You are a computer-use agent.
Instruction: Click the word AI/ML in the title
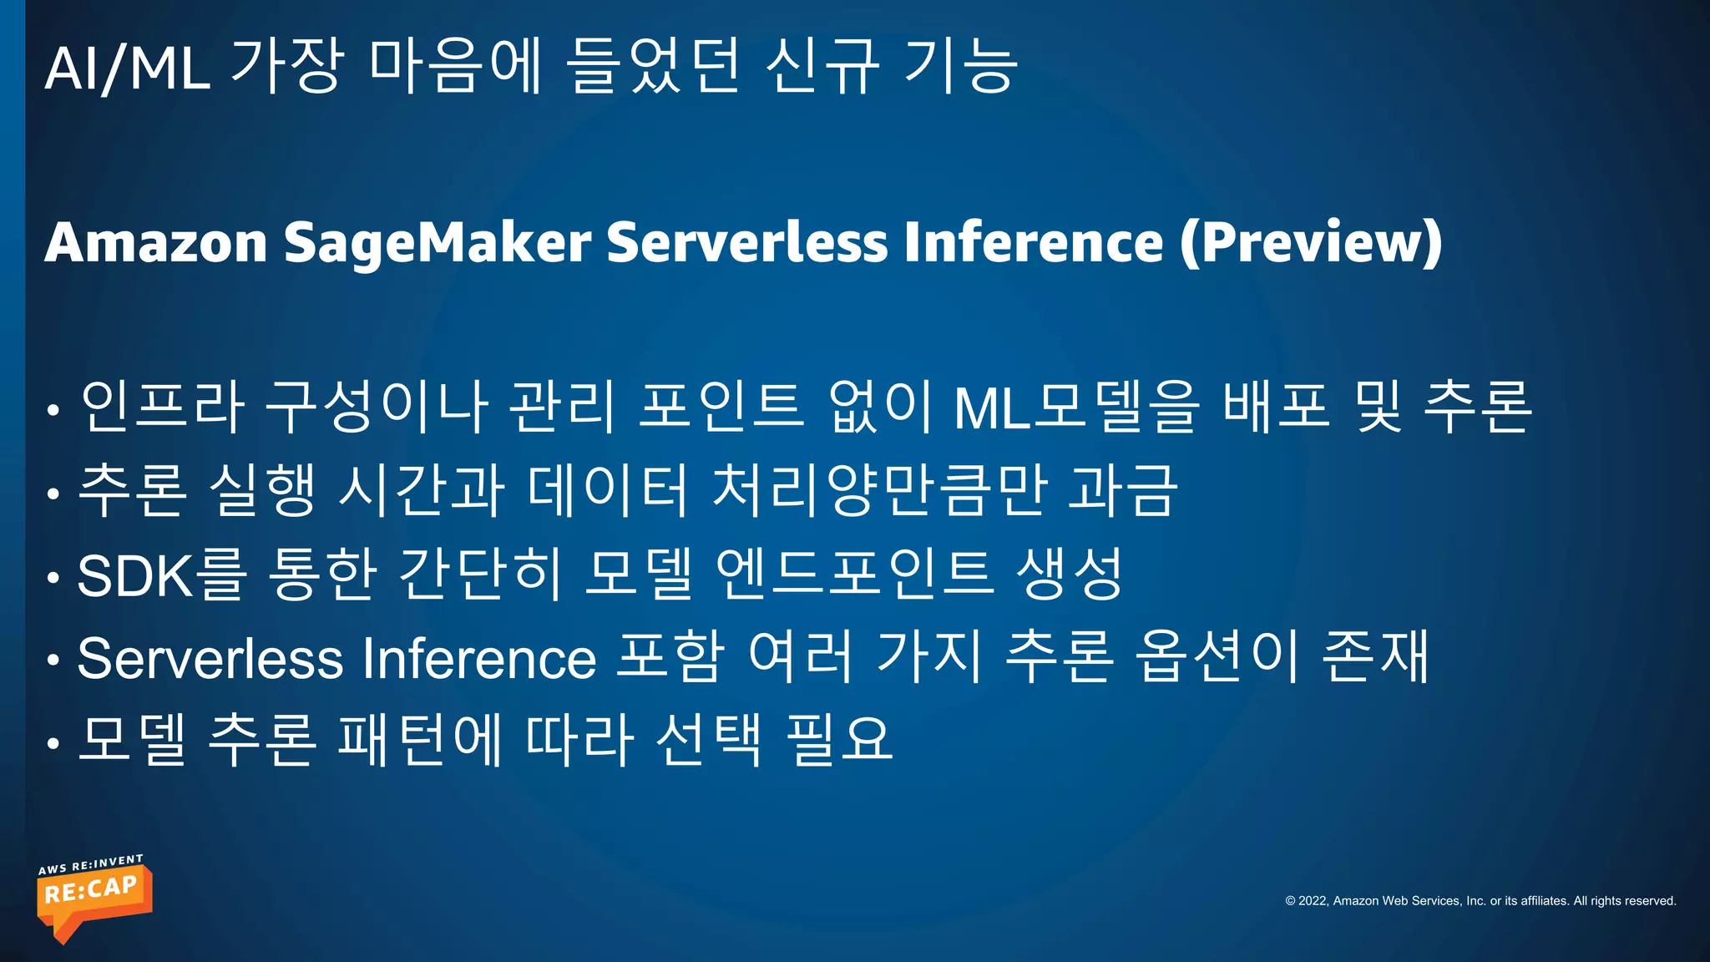click(x=127, y=68)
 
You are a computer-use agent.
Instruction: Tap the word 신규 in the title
click(x=822, y=67)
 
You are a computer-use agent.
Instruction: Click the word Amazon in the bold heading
click(x=156, y=242)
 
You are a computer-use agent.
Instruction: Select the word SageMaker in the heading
click(x=438, y=242)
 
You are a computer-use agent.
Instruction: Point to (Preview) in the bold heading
click(x=1311, y=242)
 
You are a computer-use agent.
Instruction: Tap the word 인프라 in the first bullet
click(x=163, y=407)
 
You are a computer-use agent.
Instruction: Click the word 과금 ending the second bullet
click(x=1123, y=490)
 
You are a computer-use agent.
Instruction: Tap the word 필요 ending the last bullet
click(x=840, y=741)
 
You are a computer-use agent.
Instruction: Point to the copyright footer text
click(x=1480, y=901)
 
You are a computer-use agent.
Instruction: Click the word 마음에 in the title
click(x=456, y=67)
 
